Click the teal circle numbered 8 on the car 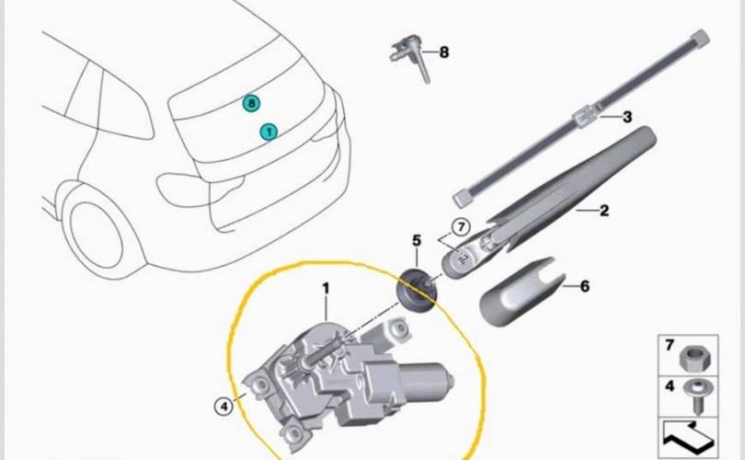pyautogui.click(x=251, y=103)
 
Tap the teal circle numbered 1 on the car pyautogui.click(x=269, y=132)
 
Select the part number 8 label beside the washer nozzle pyautogui.click(x=443, y=52)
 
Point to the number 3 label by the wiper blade pyautogui.click(x=627, y=117)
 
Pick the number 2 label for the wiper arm pyautogui.click(x=604, y=210)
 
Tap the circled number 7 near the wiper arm pyautogui.click(x=461, y=226)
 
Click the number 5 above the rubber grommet pyautogui.click(x=417, y=240)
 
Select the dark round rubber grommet pyautogui.click(x=417, y=291)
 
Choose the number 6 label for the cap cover pyautogui.click(x=585, y=286)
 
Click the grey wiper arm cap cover pyautogui.click(x=521, y=293)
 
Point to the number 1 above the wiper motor pyautogui.click(x=326, y=289)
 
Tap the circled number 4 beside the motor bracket pyautogui.click(x=223, y=406)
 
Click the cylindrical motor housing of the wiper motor pyautogui.click(x=425, y=380)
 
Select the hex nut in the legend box pyautogui.click(x=694, y=358)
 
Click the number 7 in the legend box pyautogui.click(x=670, y=345)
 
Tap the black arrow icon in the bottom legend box pyautogui.click(x=688, y=437)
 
